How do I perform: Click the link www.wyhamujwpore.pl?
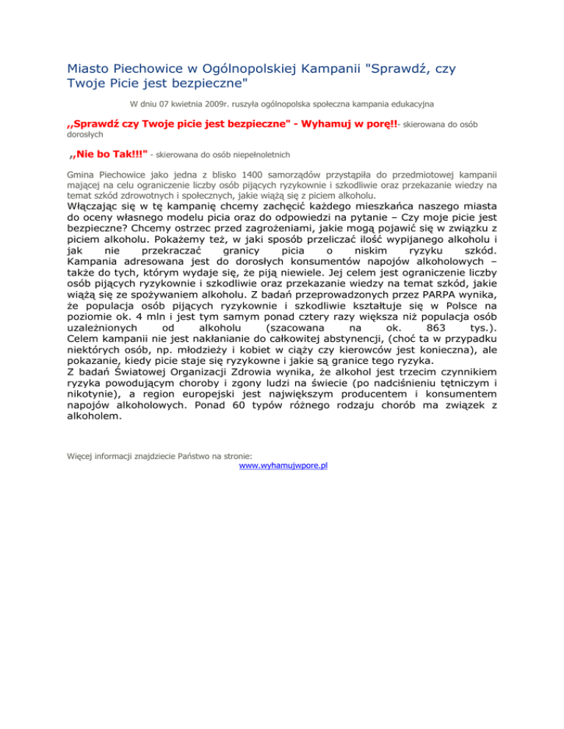pos(283,465)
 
